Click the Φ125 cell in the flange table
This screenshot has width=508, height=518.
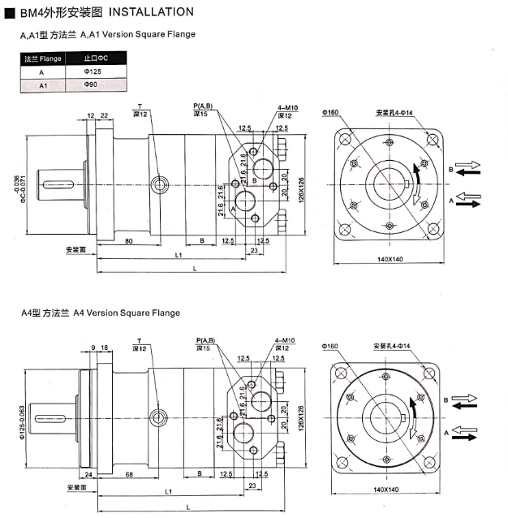tap(93, 71)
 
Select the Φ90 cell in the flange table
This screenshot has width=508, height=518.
tap(91, 84)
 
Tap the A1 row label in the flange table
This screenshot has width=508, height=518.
tap(43, 86)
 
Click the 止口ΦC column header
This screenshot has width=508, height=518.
tap(96, 58)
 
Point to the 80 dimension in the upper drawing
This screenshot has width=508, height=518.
tap(129, 241)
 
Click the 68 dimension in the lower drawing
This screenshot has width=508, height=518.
tap(129, 474)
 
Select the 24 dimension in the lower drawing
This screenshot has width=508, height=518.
tap(88, 474)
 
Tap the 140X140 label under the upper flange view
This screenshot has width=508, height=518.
tap(390, 259)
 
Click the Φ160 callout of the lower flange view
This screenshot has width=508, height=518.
tap(330, 346)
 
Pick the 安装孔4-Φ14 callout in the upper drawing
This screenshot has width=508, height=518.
tap(394, 113)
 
